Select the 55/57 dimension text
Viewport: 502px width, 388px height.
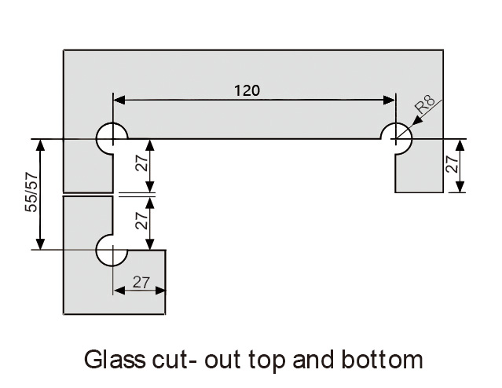[31, 193]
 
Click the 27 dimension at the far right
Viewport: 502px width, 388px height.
[451, 165]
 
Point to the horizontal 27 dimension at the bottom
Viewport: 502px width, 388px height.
[141, 281]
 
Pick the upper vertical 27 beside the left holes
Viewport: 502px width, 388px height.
[141, 166]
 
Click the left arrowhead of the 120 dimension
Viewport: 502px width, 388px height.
[119, 100]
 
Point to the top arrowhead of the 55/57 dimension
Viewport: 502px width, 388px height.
[39, 144]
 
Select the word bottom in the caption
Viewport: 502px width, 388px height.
[384, 360]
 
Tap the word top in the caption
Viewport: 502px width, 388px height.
[265, 361]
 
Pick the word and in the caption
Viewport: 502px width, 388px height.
[313, 360]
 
